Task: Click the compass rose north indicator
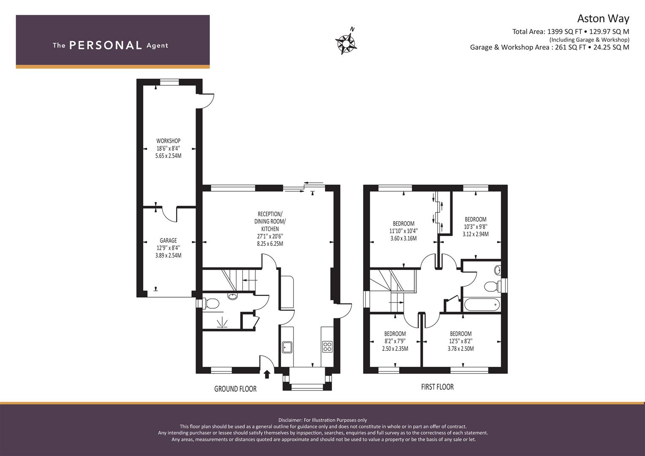pos(346,43)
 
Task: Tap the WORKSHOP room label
pos(168,141)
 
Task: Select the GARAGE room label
pos(168,240)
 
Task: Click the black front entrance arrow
pos(267,374)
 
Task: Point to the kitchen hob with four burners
pos(327,347)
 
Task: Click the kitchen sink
pos(287,347)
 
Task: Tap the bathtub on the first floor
pos(482,304)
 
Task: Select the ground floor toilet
pos(212,304)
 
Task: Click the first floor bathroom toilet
pos(492,286)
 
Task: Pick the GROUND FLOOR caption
pos(235,389)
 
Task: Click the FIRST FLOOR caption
pos(437,387)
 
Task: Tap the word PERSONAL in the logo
pos(106,45)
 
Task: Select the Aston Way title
pos(603,19)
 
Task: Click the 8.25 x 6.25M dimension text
pos(270,244)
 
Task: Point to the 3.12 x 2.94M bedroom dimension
pos(476,234)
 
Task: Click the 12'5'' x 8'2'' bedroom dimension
pos(461,341)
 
